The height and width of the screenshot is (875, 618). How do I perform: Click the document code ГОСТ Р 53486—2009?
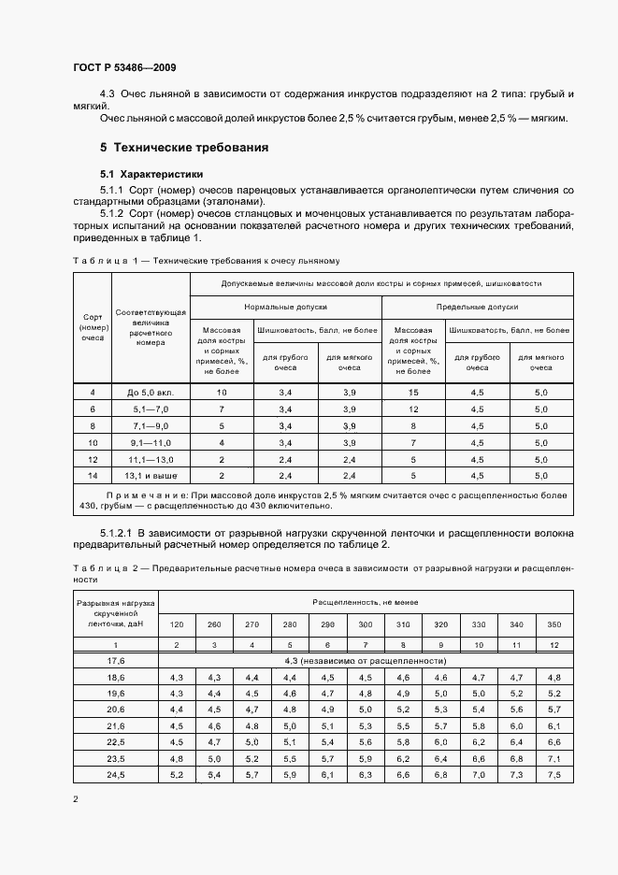point(123,68)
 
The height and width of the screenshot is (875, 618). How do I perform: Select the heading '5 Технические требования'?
point(184,148)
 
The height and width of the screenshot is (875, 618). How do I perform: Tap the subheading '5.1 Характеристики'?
point(151,174)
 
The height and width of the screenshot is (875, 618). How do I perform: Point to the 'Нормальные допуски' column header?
point(285,307)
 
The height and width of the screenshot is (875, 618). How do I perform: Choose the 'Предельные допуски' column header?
point(478,307)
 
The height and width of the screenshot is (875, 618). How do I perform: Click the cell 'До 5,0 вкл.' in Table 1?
point(151,393)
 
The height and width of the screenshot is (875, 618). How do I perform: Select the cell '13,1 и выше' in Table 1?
point(151,475)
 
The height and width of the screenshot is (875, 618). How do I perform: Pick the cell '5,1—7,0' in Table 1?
point(151,409)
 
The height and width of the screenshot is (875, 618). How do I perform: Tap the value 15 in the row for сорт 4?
point(413,393)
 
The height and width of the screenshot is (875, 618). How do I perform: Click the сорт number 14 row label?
point(93,475)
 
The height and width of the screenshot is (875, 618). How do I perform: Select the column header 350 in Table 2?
point(554,624)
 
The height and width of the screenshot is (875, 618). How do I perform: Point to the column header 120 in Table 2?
point(176,624)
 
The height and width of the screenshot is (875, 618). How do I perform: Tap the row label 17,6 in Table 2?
point(116,660)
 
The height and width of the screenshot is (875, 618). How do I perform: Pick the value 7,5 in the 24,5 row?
point(554,775)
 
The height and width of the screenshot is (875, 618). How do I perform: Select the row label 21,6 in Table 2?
point(116,725)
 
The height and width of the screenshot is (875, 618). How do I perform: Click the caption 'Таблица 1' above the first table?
point(104,261)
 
